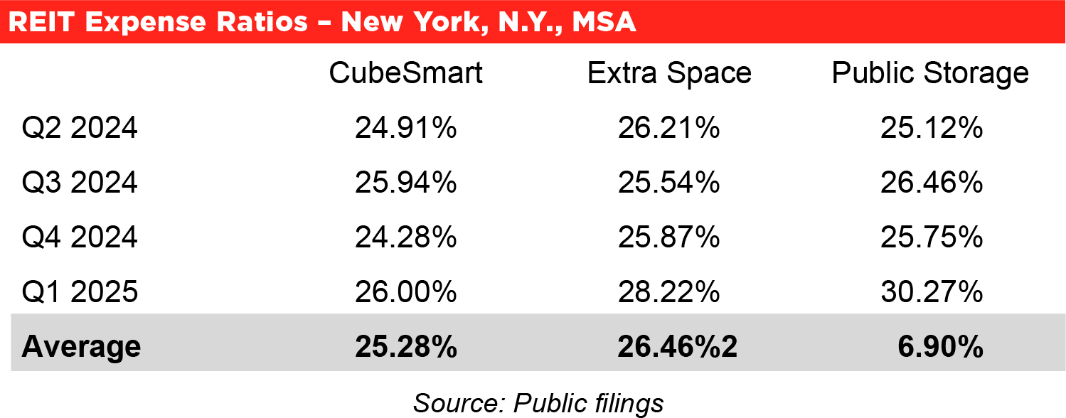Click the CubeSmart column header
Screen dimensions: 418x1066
point(406,73)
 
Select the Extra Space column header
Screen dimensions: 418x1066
point(669,73)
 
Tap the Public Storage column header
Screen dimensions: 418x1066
point(930,73)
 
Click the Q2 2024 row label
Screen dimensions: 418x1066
point(80,129)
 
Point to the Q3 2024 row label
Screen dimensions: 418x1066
point(80,183)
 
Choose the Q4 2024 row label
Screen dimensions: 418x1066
point(80,237)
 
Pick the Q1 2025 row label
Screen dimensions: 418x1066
point(80,291)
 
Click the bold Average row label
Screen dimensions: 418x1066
point(81,346)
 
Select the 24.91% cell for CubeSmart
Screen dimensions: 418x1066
point(406,129)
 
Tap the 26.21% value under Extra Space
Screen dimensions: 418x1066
point(669,129)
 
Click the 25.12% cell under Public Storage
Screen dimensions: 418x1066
point(932,129)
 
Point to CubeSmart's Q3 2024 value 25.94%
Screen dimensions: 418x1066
point(406,183)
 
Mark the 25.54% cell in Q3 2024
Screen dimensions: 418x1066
point(669,183)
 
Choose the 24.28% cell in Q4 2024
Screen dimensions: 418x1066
point(406,237)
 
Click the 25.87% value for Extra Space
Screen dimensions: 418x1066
point(669,237)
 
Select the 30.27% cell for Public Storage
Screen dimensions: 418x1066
point(932,291)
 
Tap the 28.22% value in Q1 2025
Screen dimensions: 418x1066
point(669,291)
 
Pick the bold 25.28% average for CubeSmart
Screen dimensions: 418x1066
point(406,346)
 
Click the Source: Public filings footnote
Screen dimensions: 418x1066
point(538,402)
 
